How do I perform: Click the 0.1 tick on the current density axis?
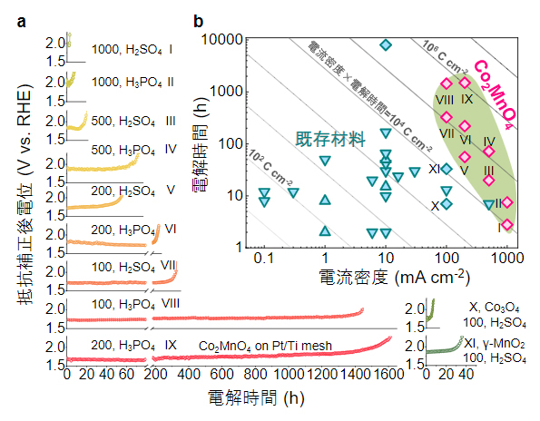point(264,259)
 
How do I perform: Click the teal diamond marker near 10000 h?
point(386,44)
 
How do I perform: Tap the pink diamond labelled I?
point(506,224)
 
